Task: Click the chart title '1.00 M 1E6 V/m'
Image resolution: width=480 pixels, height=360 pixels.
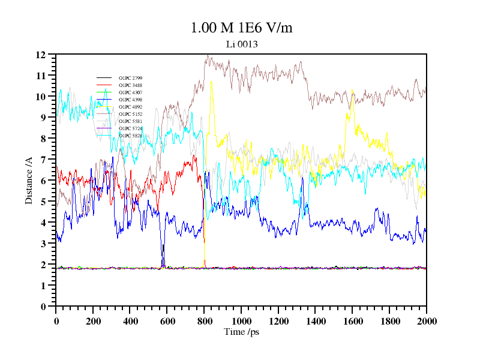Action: click(241, 28)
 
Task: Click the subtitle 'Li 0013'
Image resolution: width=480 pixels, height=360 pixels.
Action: click(242, 44)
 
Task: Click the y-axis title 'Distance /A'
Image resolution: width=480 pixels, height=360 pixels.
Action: click(29, 181)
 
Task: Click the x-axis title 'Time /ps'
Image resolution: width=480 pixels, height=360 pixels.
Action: click(241, 331)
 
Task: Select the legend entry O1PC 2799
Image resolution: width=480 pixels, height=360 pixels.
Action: click(130, 78)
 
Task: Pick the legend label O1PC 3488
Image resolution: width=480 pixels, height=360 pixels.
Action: click(130, 85)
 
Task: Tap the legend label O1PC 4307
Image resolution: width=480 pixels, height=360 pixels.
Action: click(130, 92)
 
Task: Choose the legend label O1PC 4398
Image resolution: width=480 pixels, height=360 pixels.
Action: click(130, 100)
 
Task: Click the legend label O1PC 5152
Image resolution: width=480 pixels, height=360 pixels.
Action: click(130, 114)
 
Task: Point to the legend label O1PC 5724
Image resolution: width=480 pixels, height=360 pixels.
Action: click(130, 128)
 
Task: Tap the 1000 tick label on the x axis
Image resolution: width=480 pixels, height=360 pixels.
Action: click(241, 321)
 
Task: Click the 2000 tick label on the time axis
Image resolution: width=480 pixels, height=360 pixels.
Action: click(426, 321)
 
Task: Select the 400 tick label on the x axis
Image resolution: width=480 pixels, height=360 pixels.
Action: click(130, 321)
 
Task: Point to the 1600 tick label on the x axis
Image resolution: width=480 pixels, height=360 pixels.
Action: click(352, 321)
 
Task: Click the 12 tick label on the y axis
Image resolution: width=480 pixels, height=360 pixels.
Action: click(41, 55)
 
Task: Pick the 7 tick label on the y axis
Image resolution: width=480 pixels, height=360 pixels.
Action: click(43, 160)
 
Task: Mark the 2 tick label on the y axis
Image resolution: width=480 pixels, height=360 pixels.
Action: click(43, 265)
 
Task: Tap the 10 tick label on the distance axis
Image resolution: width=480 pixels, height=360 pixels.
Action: click(41, 97)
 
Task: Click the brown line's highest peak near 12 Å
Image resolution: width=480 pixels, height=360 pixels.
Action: click(208, 56)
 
